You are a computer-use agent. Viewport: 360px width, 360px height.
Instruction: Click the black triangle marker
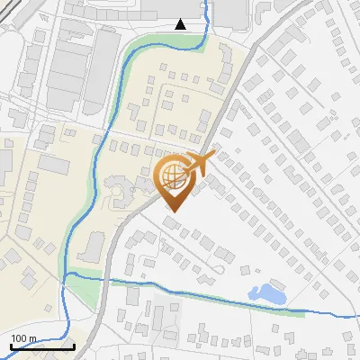(181, 23)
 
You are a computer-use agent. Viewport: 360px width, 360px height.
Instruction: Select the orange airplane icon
(199, 165)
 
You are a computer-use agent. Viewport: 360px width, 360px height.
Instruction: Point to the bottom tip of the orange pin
(173, 212)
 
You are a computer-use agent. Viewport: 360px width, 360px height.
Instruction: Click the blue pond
(266, 292)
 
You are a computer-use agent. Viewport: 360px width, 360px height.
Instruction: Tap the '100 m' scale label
(24, 338)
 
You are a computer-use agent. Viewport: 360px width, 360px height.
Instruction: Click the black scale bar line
(42, 346)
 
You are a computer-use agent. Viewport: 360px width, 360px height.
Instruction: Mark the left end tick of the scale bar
(11, 346)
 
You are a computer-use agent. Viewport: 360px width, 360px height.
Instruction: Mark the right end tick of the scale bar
(74, 346)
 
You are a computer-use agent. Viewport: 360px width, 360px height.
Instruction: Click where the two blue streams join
(67, 273)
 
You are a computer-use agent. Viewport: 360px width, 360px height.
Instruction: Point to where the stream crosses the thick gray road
(105, 278)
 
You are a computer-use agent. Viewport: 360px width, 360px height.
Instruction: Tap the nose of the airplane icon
(213, 157)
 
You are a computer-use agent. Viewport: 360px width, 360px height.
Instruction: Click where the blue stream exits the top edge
(206, 2)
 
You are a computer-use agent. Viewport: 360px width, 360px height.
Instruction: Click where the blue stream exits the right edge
(357, 315)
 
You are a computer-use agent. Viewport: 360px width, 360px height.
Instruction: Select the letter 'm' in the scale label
(32, 338)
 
